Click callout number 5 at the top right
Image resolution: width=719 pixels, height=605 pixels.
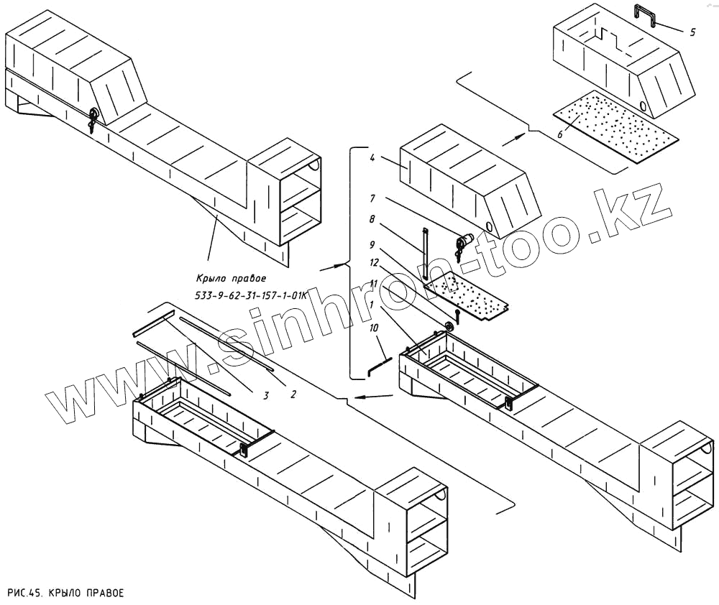[x=692, y=32]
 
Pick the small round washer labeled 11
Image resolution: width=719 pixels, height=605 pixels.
[x=449, y=328]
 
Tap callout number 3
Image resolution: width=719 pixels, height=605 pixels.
[x=265, y=395]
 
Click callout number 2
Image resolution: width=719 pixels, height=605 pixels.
[x=293, y=393]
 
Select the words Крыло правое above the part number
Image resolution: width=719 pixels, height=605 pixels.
[x=231, y=278]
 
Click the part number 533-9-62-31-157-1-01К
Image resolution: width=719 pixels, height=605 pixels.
[x=251, y=295]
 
